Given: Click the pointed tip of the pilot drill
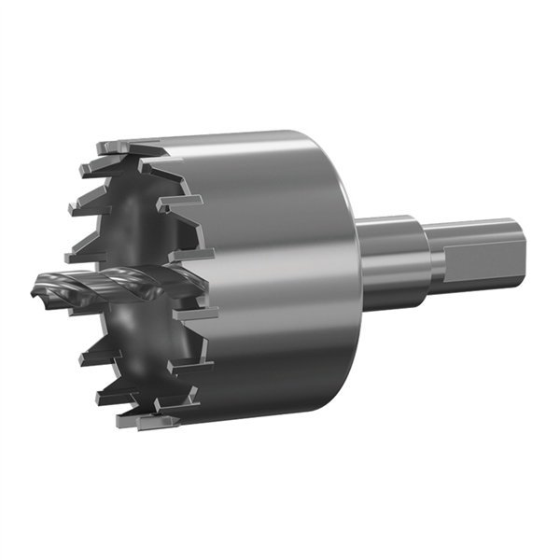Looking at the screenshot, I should (x=35, y=287).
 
